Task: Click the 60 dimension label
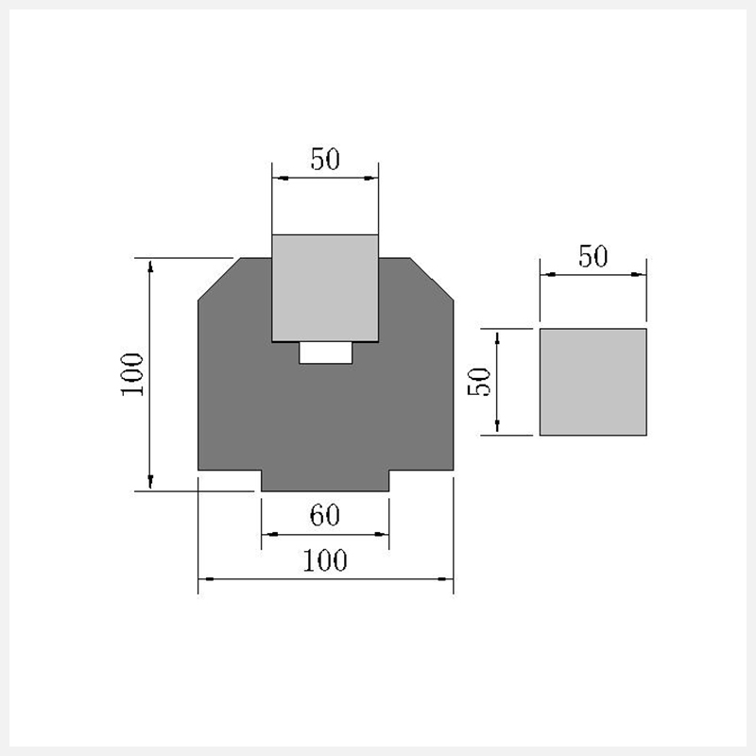click(x=325, y=515)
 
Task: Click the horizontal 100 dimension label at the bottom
click(x=325, y=560)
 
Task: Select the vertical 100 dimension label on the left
click(x=132, y=374)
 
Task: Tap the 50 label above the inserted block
click(x=325, y=159)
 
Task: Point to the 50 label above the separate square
click(x=593, y=256)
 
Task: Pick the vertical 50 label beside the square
click(x=479, y=382)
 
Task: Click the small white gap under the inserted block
click(x=325, y=352)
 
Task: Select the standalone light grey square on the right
click(x=593, y=382)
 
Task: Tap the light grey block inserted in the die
click(x=325, y=288)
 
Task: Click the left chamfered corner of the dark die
click(x=220, y=279)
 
